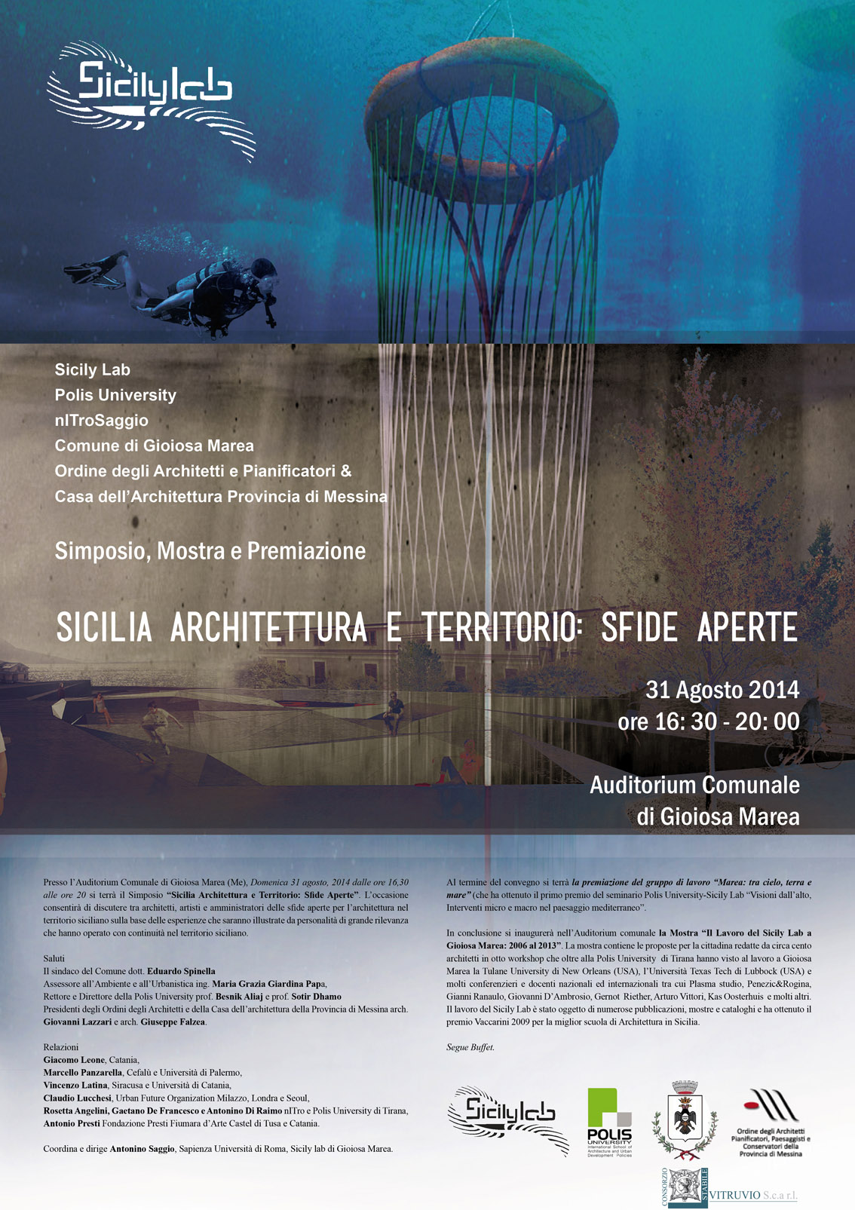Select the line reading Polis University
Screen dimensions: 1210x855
[x=115, y=395]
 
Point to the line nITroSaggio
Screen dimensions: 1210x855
[x=101, y=421]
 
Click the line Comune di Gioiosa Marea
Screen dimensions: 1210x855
[x=154, y=446]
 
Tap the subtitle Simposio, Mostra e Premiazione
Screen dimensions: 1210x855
[x=210, y=551]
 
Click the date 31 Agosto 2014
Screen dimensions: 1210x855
[x=722, y=690]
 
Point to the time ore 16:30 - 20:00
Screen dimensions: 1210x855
[x=709, y=721]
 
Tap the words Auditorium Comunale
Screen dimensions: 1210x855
[x=694, y=785]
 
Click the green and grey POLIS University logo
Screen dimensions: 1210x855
[x=609, y=1122]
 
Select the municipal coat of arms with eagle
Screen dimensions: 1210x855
[x=685, y=1120]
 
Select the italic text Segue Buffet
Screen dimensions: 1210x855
[x=470, y=1047]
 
